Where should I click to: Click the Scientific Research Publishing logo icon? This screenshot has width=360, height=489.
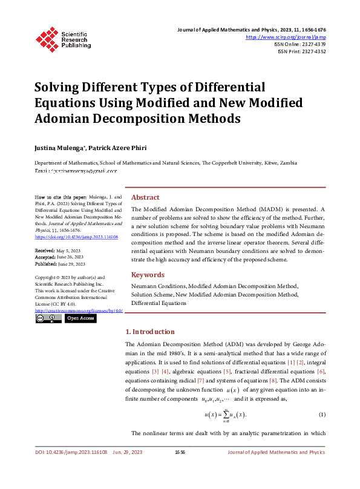(46, 38)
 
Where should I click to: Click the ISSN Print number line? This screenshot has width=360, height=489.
(301, 51)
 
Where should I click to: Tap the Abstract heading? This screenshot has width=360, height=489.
(145, 198)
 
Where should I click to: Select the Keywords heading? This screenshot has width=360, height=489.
(148, 275)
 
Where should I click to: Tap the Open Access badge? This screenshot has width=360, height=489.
(80, 318)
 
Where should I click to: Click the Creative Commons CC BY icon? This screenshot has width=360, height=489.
(48, 318)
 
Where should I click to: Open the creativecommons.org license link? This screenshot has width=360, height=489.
(79, 310)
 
